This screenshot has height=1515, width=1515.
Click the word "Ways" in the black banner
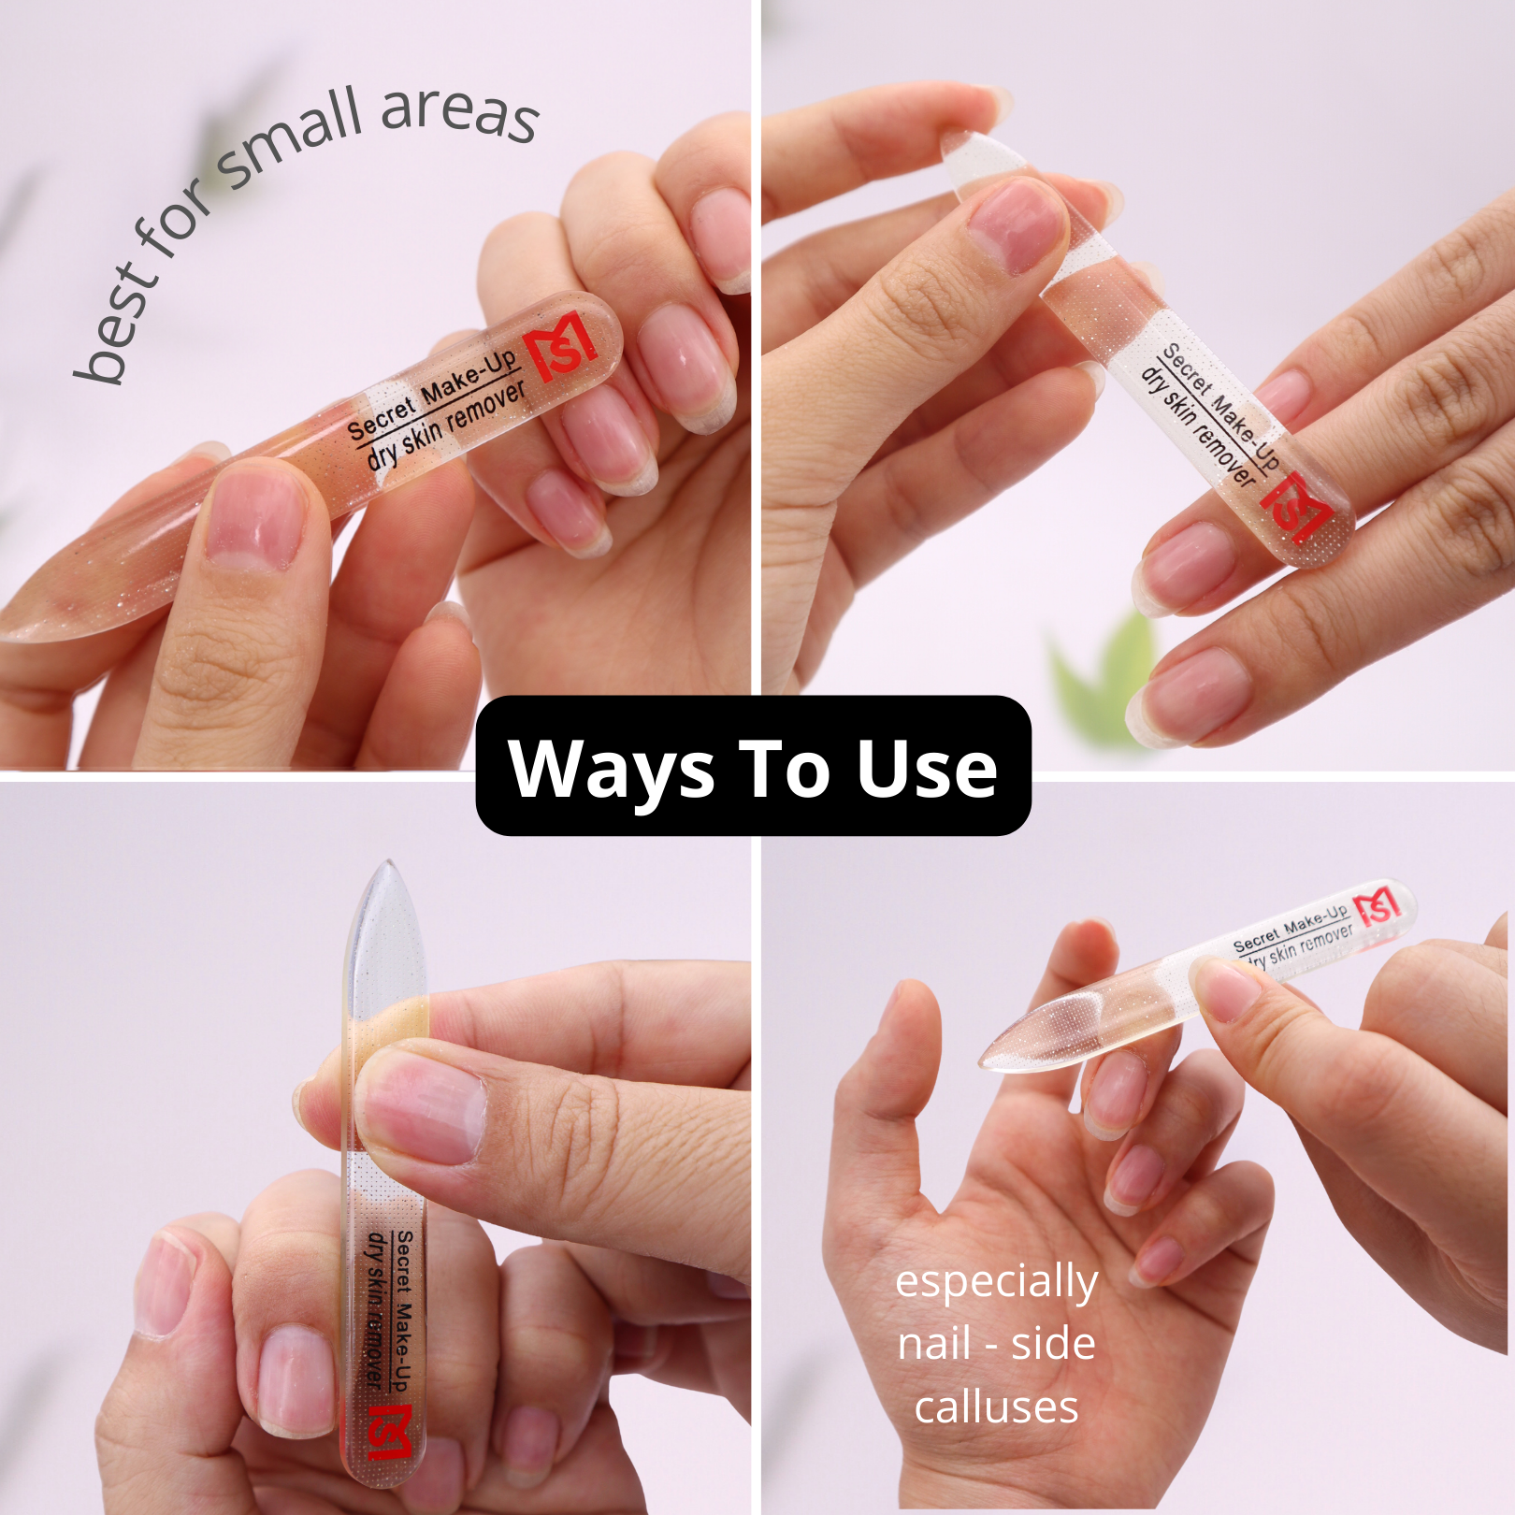click(612, 769)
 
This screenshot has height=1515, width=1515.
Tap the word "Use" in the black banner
click(928, 769)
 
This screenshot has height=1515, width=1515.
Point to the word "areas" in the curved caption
click(460, 115)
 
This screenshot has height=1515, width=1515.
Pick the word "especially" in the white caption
click(997, 1282)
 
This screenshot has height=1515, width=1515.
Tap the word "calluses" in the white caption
click(997, 1407)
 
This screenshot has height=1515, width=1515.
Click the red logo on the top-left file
click(559, 347)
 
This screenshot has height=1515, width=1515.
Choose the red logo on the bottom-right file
click(1378, 905)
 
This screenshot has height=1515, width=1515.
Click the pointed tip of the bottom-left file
click(386, 861)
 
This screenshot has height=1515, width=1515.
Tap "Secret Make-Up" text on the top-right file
click(1219, 405)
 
